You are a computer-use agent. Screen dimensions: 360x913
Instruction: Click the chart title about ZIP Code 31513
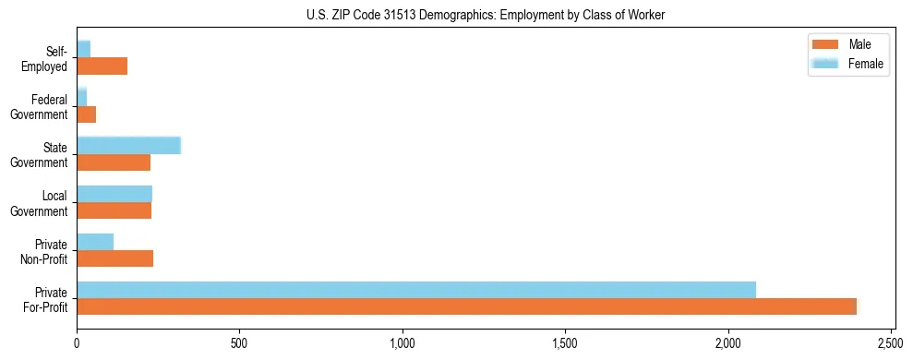tap(485, 15)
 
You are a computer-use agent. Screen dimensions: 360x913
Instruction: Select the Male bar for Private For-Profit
tap(466, 306)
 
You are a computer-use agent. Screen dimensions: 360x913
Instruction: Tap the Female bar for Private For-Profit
tap(416, 289)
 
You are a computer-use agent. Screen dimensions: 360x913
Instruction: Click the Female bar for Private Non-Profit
tap(95, 241)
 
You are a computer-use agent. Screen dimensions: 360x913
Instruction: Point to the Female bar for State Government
tap(128, 145)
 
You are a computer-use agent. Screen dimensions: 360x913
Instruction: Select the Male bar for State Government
tap(114, 162)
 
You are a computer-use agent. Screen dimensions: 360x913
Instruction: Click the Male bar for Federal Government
tap(86, 114)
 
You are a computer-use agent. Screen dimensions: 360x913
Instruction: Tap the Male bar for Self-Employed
tap(102, 66)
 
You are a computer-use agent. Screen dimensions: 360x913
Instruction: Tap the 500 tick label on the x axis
tap(239, 342)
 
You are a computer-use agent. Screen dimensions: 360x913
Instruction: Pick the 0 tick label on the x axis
tap(77, 342)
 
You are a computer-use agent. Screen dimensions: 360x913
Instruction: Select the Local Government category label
tap(39, 203)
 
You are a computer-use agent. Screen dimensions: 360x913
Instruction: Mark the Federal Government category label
tap(39, 107)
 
